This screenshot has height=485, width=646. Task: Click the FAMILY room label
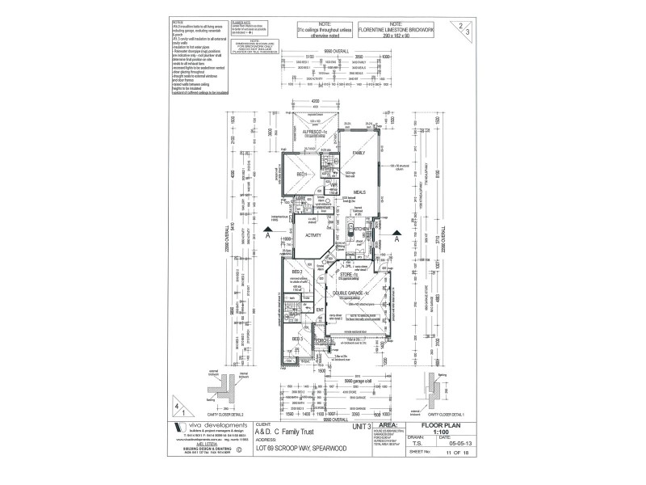[359, 153]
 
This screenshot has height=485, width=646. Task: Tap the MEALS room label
[359, 192]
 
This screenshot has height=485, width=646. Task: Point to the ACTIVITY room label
[313, 235]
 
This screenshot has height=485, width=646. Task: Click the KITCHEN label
[361, 229]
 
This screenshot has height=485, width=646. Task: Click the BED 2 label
[296, 272]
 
